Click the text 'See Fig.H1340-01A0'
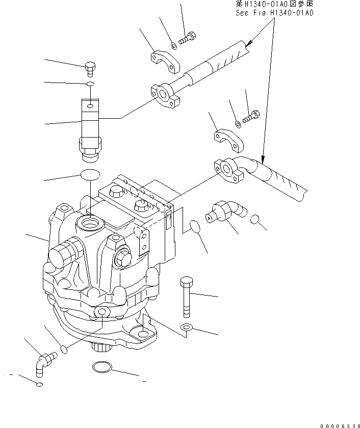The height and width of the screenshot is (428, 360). (x=273, y=13)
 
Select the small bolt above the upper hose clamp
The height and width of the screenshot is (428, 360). (x=187, y=37)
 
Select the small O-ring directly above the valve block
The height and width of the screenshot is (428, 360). (x=90, y=83)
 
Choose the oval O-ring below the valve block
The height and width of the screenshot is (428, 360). (x=90, y=175)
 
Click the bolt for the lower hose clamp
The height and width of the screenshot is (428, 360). (x=252, y=117)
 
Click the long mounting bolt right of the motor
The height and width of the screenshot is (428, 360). (x=186, y=296)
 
